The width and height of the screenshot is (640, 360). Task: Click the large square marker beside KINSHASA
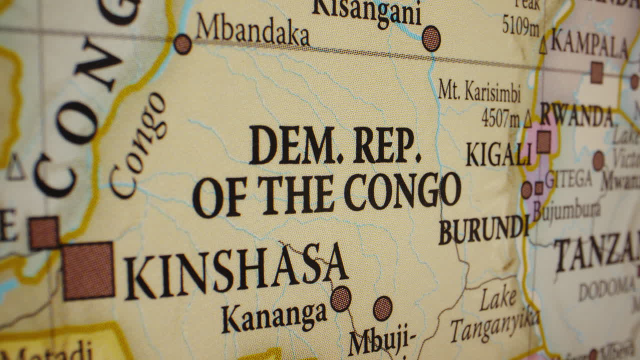pos(88,270)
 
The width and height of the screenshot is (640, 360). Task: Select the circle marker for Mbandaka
pos(182,44)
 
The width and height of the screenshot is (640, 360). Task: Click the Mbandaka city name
pos(252,31)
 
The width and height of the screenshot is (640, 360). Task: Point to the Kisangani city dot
pos(431,38)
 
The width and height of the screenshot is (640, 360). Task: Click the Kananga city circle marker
pos(340,298)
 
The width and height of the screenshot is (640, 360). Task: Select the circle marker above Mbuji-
pos(382,308)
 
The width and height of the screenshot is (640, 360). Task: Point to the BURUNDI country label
pos(483,230)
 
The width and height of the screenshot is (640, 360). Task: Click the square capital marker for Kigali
pos(543,141)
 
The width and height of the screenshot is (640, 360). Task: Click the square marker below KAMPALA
pos(596,72)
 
